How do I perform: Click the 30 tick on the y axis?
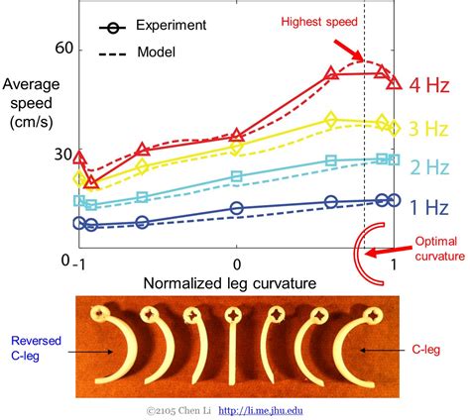click(63, 156)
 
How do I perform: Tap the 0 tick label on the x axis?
click(236, 264)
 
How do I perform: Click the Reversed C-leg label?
click(33, 349)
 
